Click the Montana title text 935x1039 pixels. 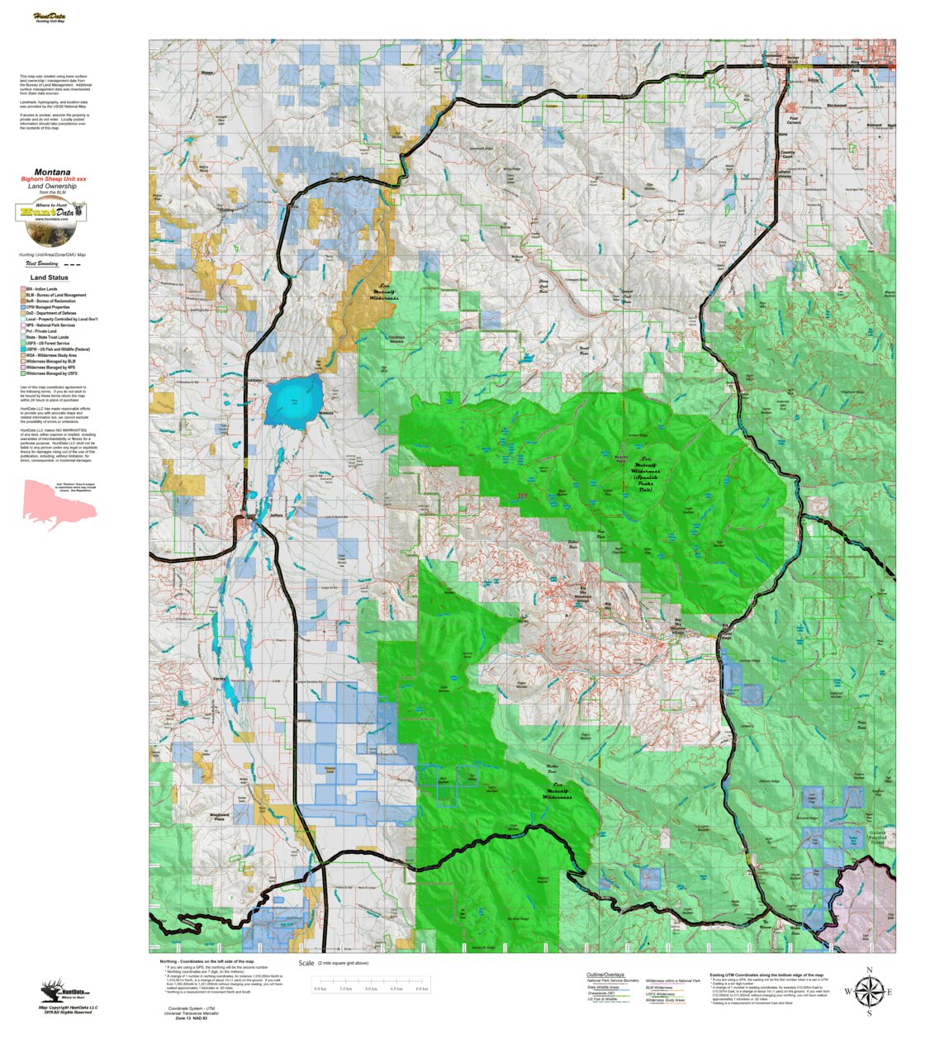coord(52,172)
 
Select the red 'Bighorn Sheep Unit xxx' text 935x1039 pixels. coord(53,179)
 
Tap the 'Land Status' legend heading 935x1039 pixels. coord(50,278)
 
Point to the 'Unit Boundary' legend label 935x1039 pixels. coord(42,264)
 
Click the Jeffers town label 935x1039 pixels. coord(276,515)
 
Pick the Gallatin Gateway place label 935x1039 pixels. coord(784,174)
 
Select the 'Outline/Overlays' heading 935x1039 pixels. coord(605,975)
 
